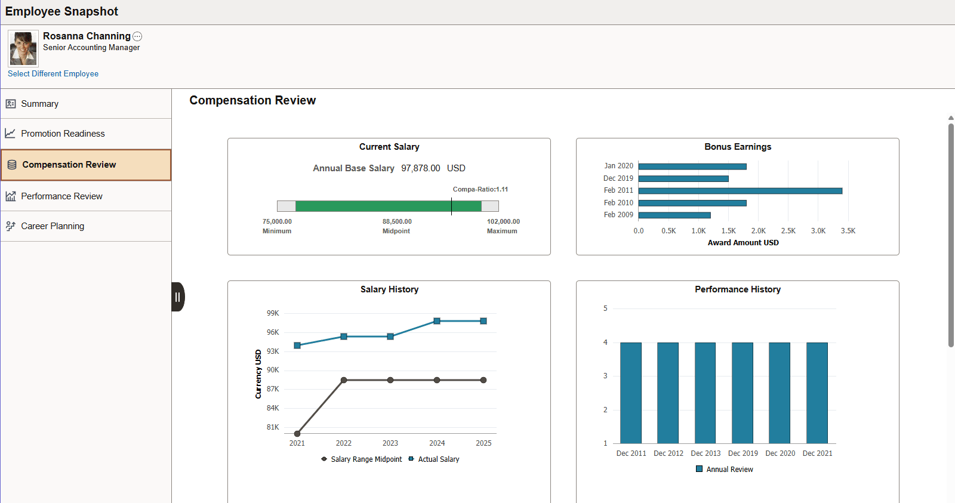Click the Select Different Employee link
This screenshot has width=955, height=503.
click(x=53, y=73)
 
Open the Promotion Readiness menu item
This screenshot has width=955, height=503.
click(x=63, y=134)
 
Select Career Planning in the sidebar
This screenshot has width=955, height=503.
click(x=53, y=226)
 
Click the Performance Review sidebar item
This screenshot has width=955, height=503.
click(x=61, y=196)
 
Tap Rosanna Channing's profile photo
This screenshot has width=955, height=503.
click(x=23, y=48)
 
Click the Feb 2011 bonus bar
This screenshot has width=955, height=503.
click(x=740, y=191)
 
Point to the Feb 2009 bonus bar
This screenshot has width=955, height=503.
click(x=674, y=215)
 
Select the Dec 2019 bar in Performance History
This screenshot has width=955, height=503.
click(x=743, y=393)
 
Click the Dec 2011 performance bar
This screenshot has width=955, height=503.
click(x=631, y=393)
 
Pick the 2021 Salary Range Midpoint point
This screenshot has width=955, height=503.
click(x=297, y=434)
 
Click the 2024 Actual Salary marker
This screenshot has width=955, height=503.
click(x=437, y=321)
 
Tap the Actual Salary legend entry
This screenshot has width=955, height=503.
click(x=438, y=459)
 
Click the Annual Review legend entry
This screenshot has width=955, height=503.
click(x=729, y=470)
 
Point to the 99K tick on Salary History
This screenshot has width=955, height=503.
click(x=273, y=313)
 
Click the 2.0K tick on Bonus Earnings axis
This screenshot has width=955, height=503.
click(x=758, y=231)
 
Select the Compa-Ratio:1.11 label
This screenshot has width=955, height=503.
click(x=480, y=189)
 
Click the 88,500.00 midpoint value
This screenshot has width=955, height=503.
click(x=397, y=221)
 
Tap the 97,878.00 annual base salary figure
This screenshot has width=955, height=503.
click(x=420, y=168)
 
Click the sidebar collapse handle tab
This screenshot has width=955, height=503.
click(x=178, y=297)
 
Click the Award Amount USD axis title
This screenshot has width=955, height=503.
click(x=743, y=243)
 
